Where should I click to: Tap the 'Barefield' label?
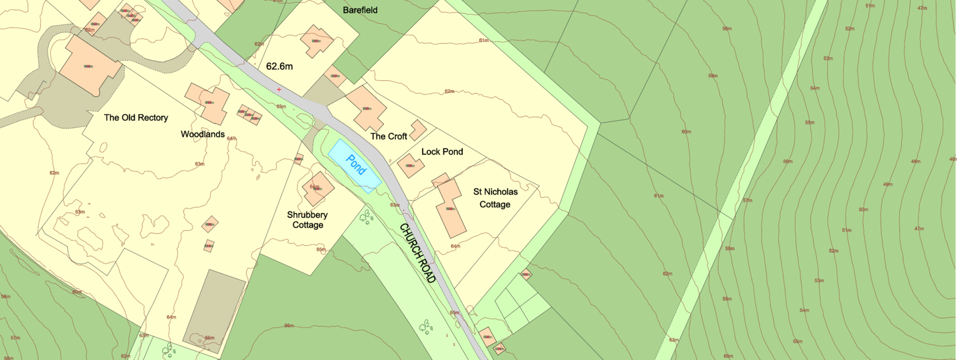point(360,10)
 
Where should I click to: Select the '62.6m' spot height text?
point(280,66)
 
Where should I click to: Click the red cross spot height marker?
point(279,90)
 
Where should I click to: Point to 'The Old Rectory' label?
point(136,118)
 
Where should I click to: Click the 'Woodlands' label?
point(202,135)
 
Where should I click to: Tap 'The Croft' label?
point(388,136)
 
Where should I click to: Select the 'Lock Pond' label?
point(442,152)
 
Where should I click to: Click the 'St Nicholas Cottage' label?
point(491,198)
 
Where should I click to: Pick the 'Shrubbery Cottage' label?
point(307,220)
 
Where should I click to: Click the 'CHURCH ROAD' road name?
point(418,252)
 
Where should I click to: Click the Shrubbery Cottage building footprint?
point(318,188)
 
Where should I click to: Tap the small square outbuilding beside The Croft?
point(418,130)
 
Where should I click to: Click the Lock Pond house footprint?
point(411,165)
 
